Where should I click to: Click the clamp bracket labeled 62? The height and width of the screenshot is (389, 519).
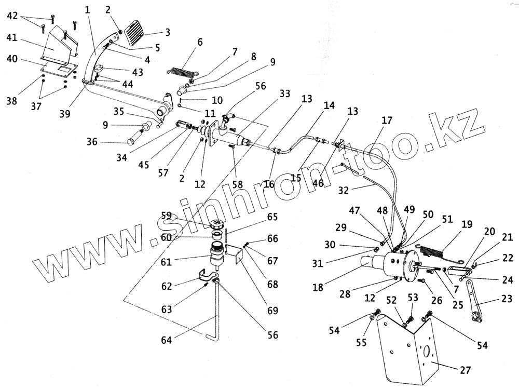[x=204, y=275]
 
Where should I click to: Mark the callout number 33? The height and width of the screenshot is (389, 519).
[x=285, y=93]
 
